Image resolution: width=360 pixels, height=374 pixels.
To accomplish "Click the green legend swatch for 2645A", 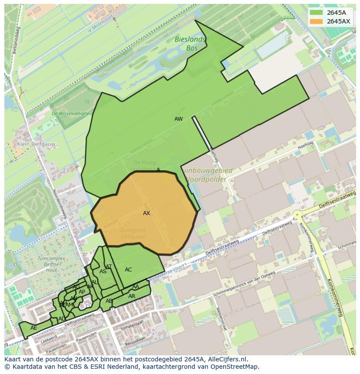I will pos(316,13).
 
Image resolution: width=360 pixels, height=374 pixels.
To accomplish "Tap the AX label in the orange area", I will pos(147,213).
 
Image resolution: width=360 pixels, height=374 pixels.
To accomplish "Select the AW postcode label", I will pos(178,119).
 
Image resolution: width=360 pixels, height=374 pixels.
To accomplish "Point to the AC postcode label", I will pos(128,270).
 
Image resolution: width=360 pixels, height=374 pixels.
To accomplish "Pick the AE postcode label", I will pos(33,328).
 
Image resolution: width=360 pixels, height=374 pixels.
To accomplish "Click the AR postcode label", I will pos(132,296).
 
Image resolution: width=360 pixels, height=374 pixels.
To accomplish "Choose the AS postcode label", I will pos(103,272).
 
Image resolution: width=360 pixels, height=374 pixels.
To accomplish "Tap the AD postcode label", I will pos(62,319).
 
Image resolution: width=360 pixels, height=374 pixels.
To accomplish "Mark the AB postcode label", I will pos(109,301).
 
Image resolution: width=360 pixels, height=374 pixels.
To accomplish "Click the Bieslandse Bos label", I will pos(191,44).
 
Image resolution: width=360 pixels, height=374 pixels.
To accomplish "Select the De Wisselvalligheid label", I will pos(72,113).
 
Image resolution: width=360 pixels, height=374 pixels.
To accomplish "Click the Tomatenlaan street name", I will pos(132,324).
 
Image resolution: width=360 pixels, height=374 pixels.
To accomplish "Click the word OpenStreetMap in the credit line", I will pos(234,367).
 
